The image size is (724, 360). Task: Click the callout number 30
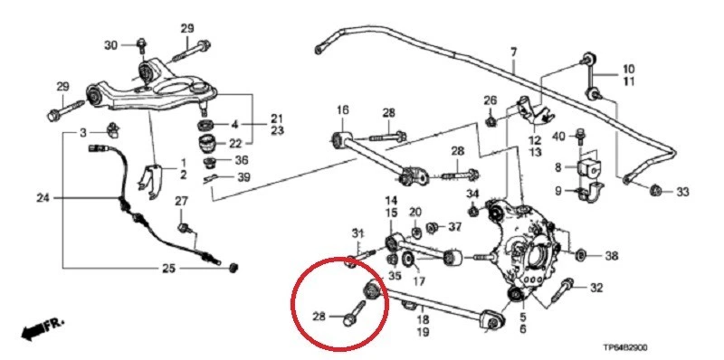click(x=111, y=44)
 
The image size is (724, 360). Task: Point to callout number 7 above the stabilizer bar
click(x=512, y=52)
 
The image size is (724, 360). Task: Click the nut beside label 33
click(x=656, y=191)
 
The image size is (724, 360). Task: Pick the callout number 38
click(x=611, y=256)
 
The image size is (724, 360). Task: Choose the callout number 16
click(x=343, y=110)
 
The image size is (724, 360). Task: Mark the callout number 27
click(x=181, y=200)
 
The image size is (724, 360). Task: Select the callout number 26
click(x=490, y=99)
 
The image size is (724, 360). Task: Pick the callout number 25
click(x=194, y=268)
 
